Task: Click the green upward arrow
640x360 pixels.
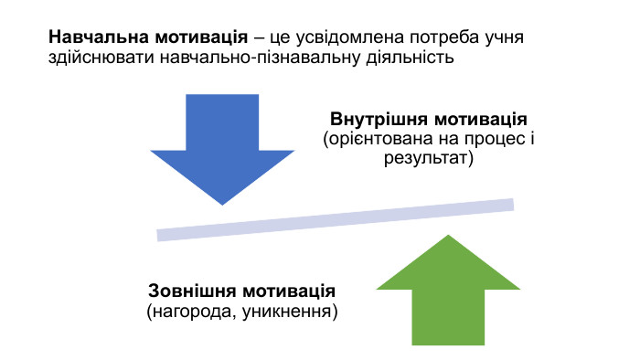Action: (x=447, y=292)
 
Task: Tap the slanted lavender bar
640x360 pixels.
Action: (x=336, y=220)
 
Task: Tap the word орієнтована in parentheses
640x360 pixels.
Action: (x=376, y=139)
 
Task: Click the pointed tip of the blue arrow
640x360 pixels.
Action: (x=222, y=203)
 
